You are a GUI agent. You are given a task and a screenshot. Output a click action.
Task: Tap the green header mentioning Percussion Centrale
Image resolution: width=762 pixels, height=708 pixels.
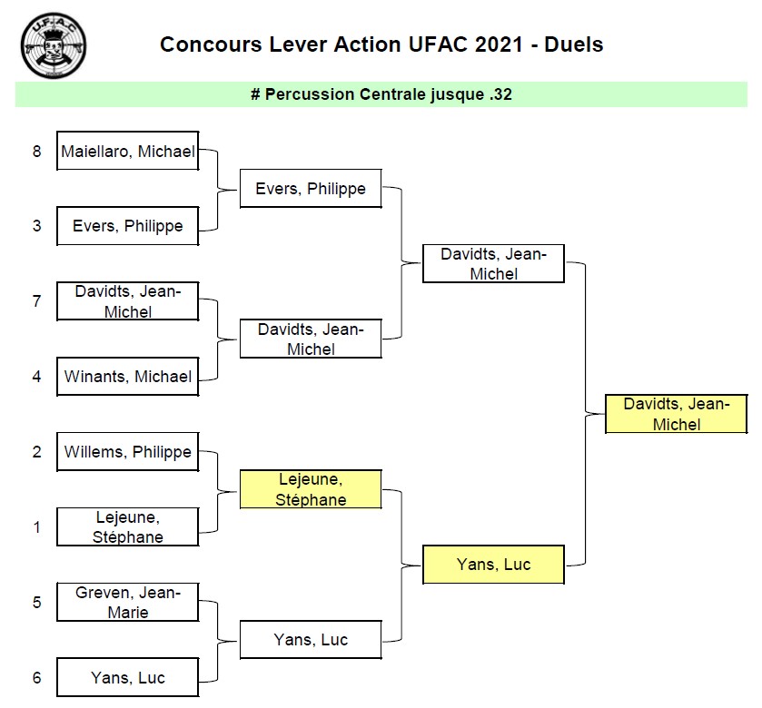381,94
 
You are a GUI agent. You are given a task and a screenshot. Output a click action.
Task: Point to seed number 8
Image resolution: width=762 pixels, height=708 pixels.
37,152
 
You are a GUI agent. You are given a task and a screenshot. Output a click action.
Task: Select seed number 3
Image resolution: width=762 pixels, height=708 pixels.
37,225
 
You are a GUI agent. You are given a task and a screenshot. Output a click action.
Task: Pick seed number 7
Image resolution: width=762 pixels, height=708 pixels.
37,300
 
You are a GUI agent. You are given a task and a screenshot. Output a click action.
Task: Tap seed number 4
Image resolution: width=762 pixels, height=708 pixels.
37,376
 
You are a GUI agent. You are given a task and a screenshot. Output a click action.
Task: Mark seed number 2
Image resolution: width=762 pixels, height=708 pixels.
37,451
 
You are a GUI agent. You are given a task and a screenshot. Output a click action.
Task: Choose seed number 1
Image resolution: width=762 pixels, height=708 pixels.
37,526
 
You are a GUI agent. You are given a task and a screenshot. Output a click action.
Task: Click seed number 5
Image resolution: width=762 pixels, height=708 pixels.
37,602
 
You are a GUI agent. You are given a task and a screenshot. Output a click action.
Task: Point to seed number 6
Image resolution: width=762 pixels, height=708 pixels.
37,677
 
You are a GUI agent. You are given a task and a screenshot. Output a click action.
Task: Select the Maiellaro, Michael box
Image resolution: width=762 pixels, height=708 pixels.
127,152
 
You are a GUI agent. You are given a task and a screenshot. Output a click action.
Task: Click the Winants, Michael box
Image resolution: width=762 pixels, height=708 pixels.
127,376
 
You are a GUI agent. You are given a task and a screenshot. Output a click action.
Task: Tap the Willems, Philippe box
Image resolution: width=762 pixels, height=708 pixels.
127,451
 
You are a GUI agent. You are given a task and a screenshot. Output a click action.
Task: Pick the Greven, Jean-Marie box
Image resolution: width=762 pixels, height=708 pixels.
127,602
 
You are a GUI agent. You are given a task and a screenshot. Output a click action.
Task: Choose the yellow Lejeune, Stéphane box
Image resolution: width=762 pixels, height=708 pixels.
311,488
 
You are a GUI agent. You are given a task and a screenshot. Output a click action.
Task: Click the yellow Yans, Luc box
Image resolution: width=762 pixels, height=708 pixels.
493,564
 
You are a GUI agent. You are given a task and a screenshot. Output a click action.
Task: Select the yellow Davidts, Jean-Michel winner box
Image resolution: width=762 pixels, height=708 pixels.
676,414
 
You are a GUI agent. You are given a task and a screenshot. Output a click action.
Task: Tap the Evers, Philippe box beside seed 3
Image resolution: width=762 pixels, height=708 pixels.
127,225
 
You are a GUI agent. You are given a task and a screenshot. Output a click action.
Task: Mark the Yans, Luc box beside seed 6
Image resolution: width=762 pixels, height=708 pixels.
127,677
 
